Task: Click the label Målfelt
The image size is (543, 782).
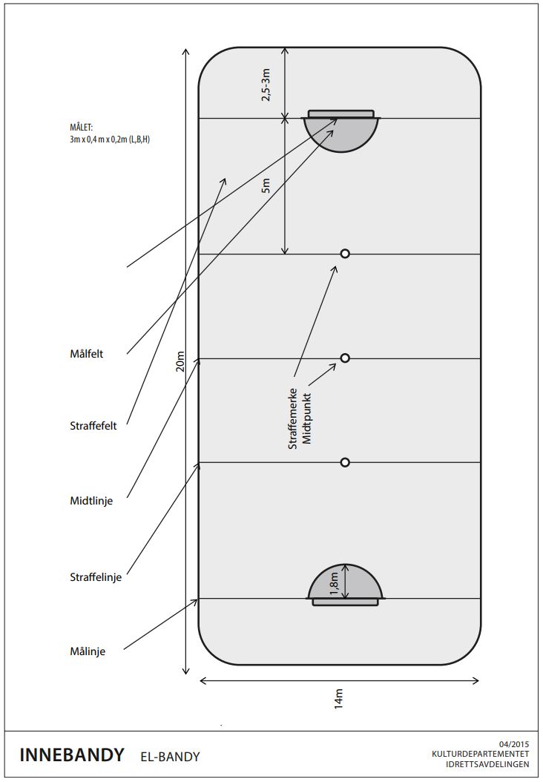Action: [86, 354]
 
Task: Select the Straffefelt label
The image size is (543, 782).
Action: [93, 426]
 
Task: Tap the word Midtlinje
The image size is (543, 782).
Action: [91, 501]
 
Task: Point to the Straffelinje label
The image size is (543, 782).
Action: [95, 576]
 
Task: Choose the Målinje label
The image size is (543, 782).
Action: [88, 651]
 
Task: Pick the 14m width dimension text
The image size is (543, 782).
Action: [339, 698]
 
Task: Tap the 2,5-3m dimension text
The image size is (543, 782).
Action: [266, 84]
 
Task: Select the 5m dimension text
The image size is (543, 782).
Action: [266, 186]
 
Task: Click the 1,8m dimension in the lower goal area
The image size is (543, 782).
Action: [335, 582]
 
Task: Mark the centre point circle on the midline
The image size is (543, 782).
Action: [345, 358]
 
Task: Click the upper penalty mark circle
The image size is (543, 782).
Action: [345, 254]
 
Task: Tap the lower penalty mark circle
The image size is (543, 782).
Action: [345, 462]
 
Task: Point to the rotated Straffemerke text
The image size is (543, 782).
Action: [292, 418]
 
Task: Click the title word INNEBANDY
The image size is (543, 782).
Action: [72, 755]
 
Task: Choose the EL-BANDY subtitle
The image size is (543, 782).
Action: [170, 757]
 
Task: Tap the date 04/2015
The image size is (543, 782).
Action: [515, 743]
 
